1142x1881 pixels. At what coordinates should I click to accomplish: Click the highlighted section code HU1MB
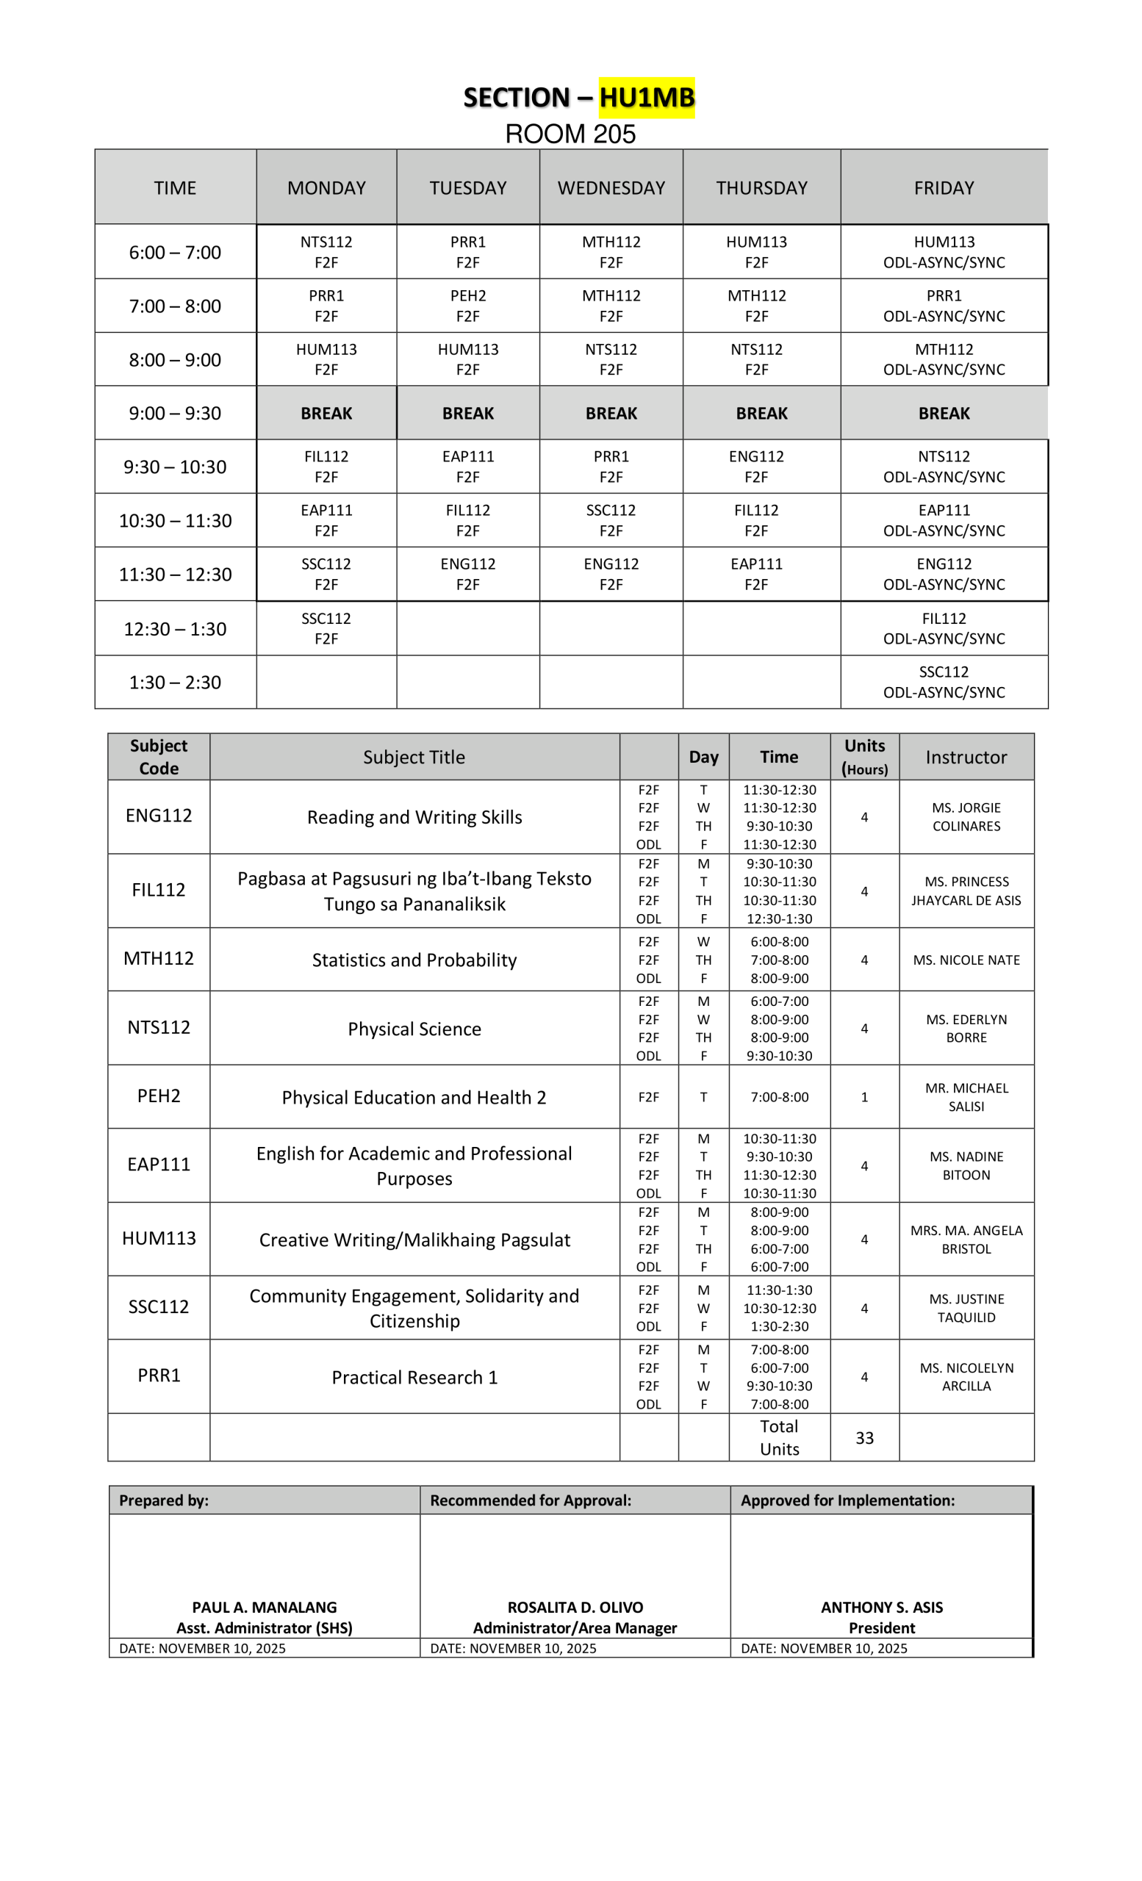click(647, 98)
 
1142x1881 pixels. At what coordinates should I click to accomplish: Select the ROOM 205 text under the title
click(570, 134)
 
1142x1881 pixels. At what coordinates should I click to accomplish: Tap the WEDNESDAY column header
click(611, 188)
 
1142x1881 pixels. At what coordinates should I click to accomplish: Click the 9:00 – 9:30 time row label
click(175, 413)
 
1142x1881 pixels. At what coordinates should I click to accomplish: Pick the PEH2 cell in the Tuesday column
click(468, 306)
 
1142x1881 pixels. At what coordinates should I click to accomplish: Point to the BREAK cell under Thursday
click(761, 413)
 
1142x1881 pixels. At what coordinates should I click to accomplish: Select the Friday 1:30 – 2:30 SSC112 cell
click(944, 682)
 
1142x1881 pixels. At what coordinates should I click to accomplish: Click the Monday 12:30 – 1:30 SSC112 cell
click(326, 628)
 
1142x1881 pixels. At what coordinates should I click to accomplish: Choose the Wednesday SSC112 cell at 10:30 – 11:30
click(611, 520)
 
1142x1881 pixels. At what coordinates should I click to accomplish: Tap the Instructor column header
click(966, 757)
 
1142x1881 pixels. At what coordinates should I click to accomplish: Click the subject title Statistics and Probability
click(414, 960)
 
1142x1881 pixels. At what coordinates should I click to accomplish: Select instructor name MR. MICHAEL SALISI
click(966, 1097)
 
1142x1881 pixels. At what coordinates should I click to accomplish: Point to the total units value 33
click(864, 1437)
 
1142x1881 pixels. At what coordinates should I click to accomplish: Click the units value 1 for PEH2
click(864, 1097)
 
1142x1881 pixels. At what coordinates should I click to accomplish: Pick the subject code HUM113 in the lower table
click(159, 1238)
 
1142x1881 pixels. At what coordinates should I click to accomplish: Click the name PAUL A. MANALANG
click(264, 1607)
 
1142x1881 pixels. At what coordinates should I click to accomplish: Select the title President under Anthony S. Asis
click(882, 1628)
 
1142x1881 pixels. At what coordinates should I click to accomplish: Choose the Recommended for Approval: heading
click(531, 1500)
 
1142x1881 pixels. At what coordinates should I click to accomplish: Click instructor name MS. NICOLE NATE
click(966, 960)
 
